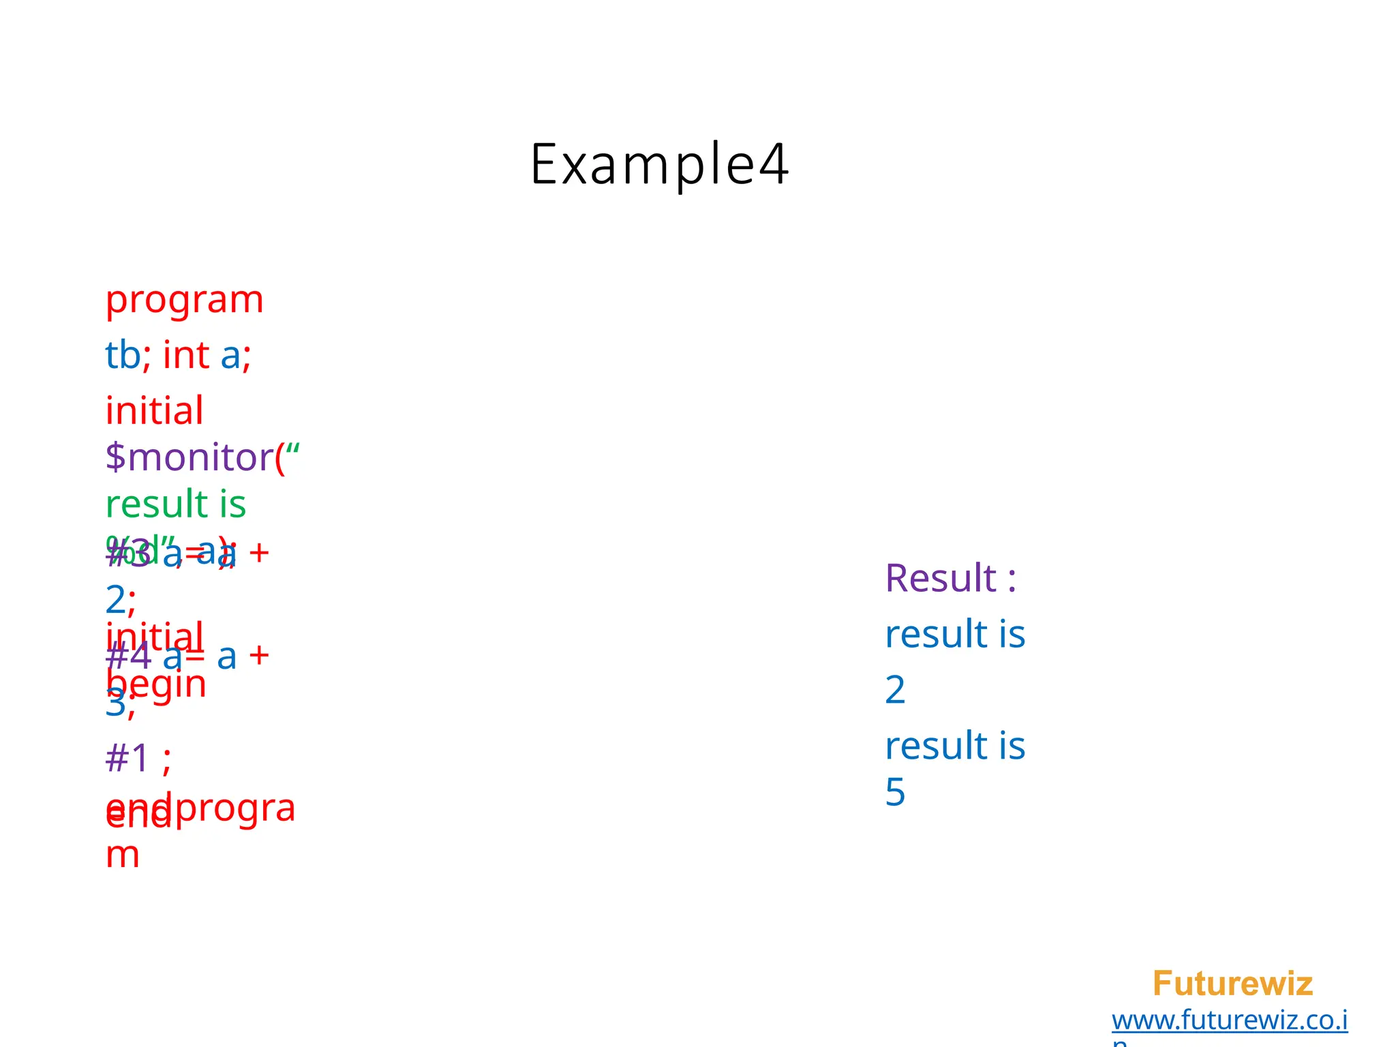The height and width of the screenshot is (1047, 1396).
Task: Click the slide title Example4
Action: (x=659, y=164)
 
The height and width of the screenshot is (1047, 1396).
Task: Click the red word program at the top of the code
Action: (x=184, y=301)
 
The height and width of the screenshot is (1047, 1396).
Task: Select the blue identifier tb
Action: (x=123, y=356)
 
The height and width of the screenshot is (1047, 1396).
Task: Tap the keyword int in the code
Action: (x=185, y=356)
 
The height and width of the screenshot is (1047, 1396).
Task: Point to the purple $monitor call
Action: (x=189, y=457)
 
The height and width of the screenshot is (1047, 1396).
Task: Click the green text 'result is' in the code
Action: (x=175, y=505)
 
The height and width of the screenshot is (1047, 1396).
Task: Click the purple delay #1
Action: (x=127, y=758)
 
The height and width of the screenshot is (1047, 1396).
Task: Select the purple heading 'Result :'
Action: (x=950, y=579)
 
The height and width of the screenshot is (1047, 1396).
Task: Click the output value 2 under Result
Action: (x=895, y=691)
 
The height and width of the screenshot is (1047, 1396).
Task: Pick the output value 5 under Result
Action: (x=895, y=793)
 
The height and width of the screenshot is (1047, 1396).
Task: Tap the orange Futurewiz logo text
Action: (x=1232, y=984)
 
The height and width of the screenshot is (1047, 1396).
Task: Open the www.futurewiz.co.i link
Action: (x=1229, y=1020)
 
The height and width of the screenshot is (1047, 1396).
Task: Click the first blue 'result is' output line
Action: (x=954, y=635)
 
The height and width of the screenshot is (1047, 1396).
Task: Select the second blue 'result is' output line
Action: (x=954, y=746)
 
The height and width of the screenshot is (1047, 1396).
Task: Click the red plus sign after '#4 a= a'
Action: (x=259, y=656)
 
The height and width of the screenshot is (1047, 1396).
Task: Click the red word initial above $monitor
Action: (x=154, y=411)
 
